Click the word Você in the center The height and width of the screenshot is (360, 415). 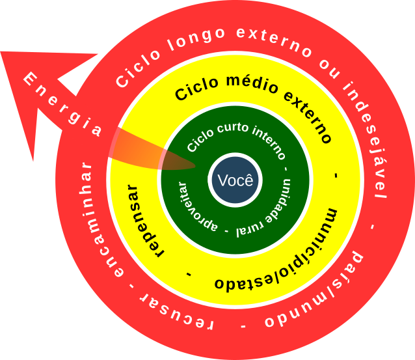[x=235, y=180]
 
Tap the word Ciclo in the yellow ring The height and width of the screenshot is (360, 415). [x=195, y=91]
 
